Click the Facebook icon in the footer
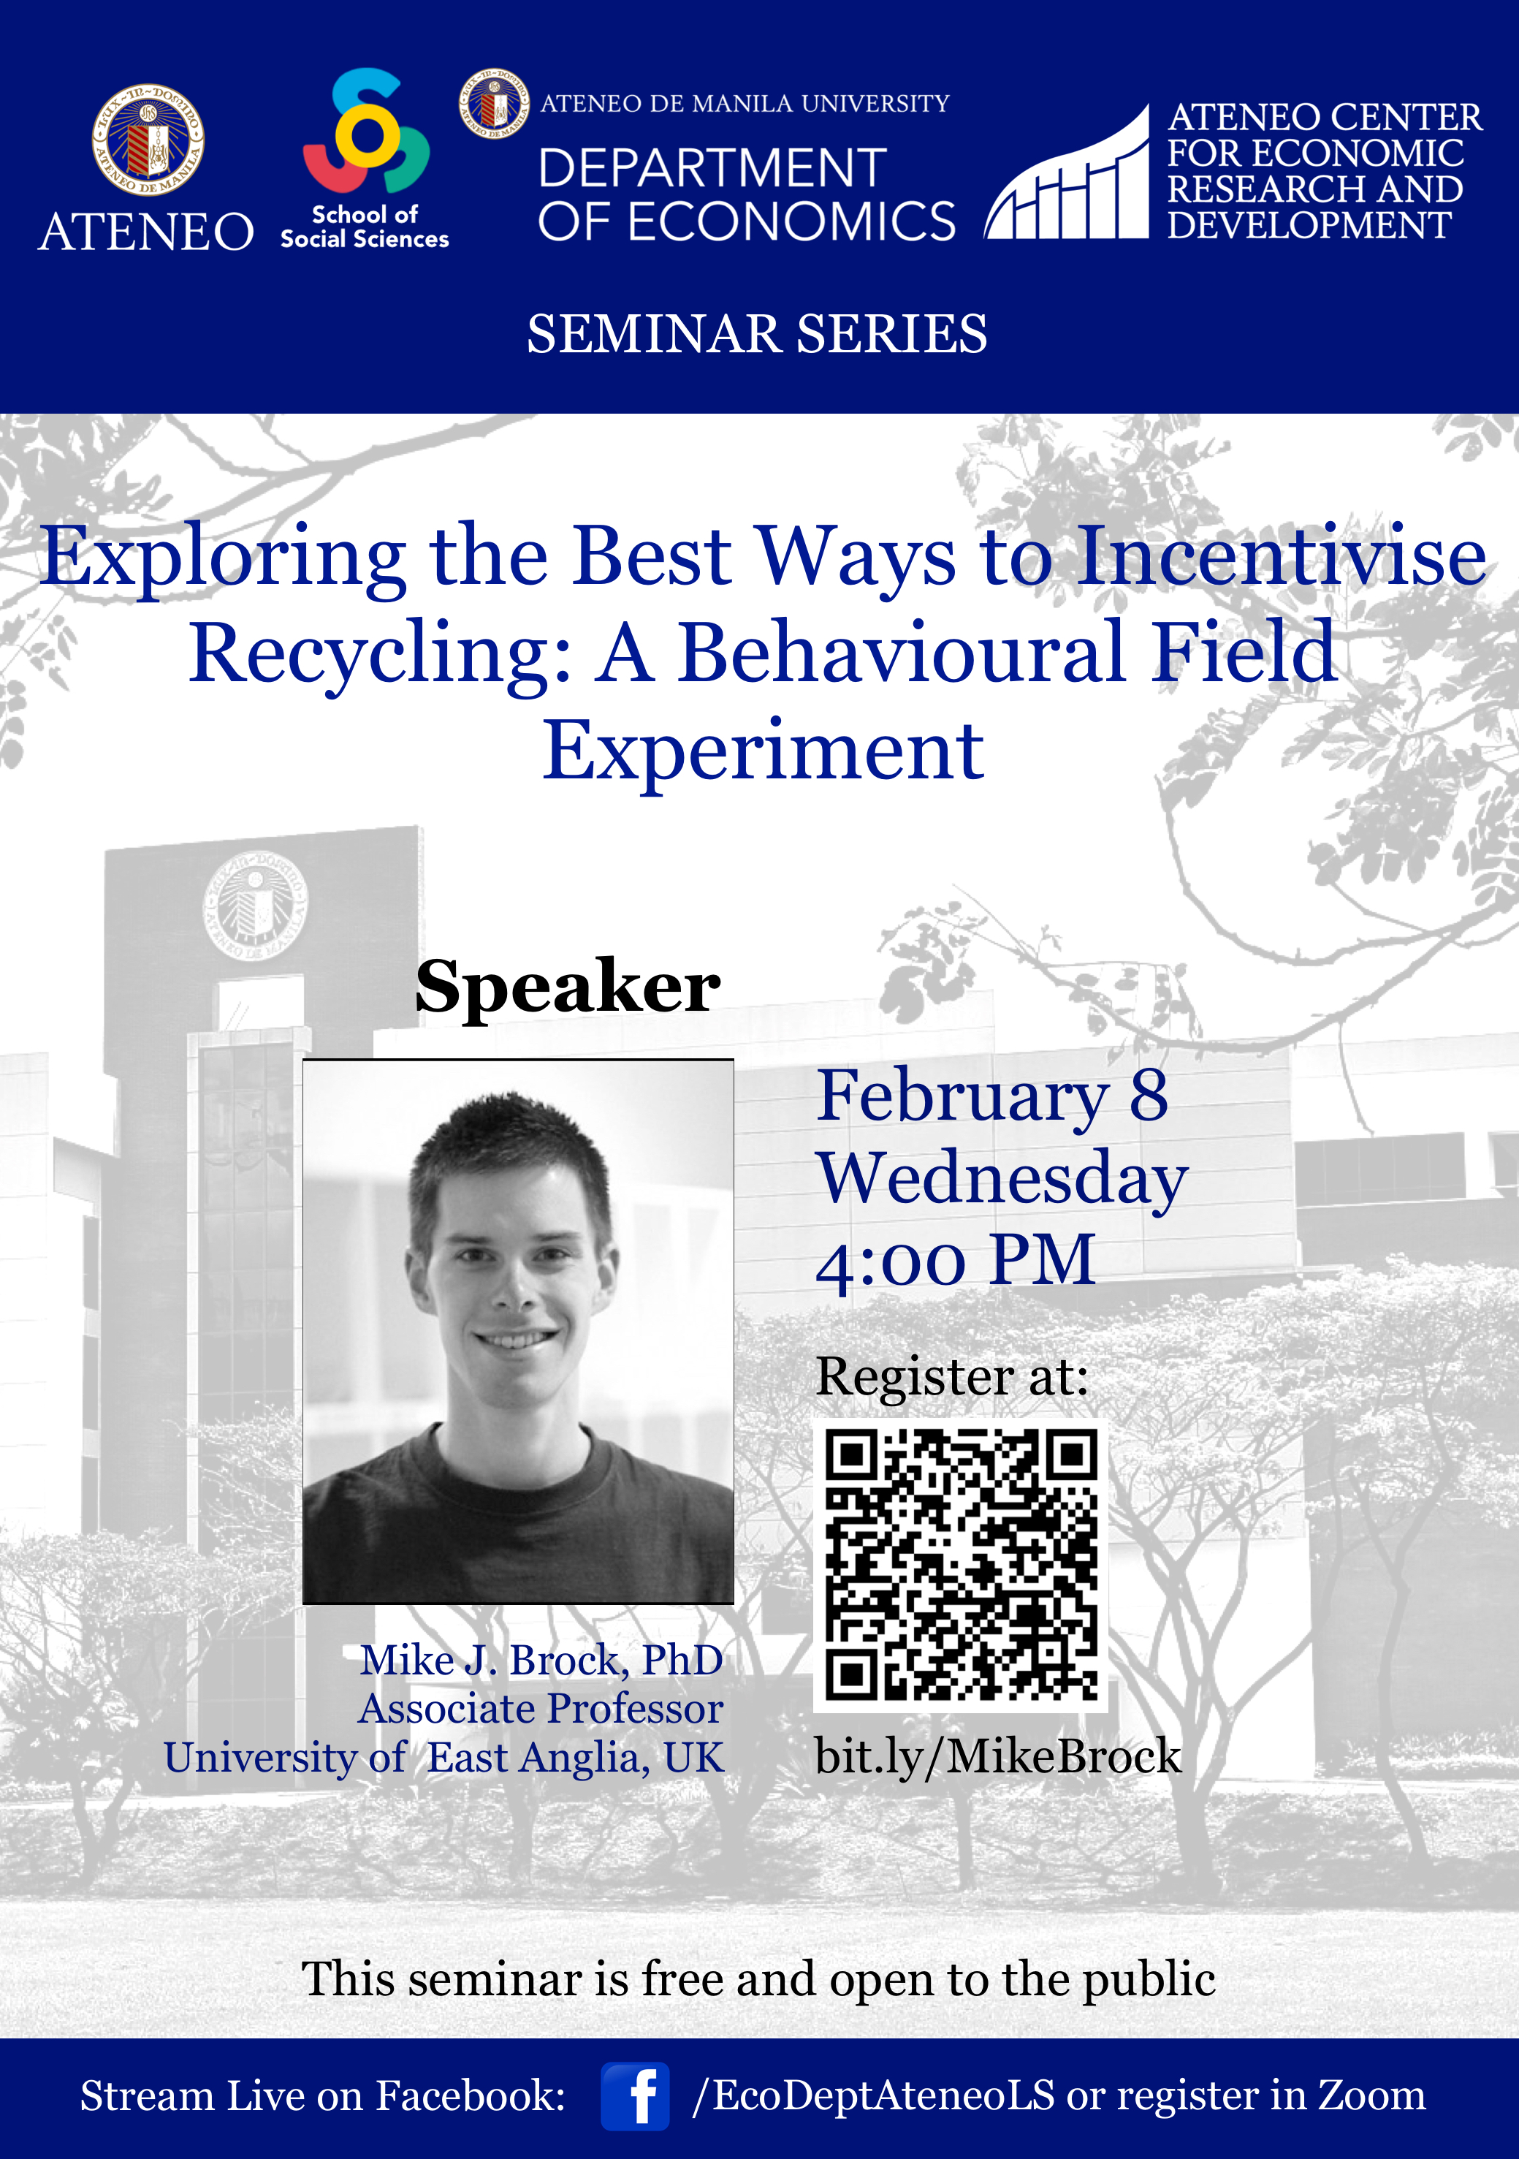(636, 2096)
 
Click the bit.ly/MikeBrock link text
(997, 1756)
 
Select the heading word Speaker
(568, 988)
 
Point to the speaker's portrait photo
(518, 1332)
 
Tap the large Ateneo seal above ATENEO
(148, 140)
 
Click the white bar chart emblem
(1067, 174)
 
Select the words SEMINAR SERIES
(757, 334)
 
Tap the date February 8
(991, 1097)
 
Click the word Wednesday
(1002, 1179)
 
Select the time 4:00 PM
(955, 1260)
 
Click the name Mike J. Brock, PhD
(541, 1661)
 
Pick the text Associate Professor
(541, 1709)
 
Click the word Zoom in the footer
(1371, 2096)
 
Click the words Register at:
(951, 1378)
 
